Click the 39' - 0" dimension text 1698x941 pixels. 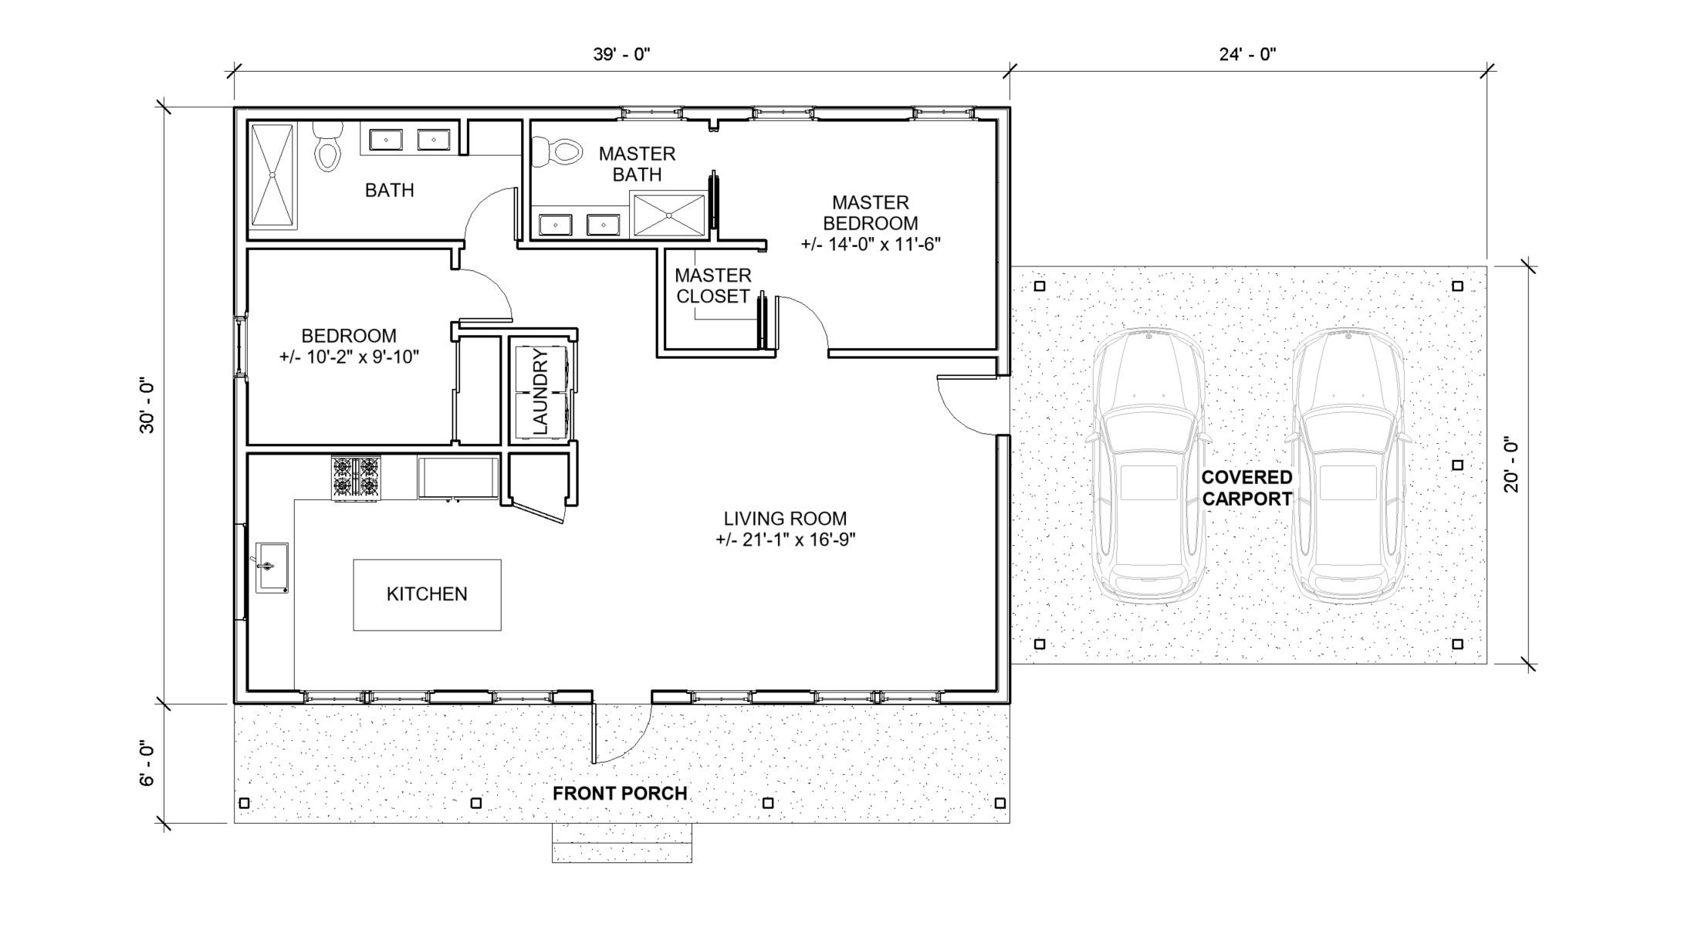point(621,54)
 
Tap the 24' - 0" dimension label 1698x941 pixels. point(1248,54)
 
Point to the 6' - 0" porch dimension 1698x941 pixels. point(147,763)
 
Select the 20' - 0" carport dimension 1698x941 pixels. point(1510,465)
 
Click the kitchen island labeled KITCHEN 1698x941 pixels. point(427,594)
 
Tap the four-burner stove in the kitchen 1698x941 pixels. point(357,477)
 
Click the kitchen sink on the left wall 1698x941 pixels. point(271,567)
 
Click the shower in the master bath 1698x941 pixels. point(668,215)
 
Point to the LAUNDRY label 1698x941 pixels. point(540,391)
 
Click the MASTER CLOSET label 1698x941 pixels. point(712,286)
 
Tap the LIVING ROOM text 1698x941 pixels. point(785,519)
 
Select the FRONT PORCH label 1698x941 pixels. point(620,794)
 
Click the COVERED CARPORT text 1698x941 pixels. point(1246,488)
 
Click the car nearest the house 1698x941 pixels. point(1148,467)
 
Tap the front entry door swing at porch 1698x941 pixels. point(621,733)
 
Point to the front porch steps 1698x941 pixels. point(621,842)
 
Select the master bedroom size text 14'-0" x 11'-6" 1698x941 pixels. point(871,245)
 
